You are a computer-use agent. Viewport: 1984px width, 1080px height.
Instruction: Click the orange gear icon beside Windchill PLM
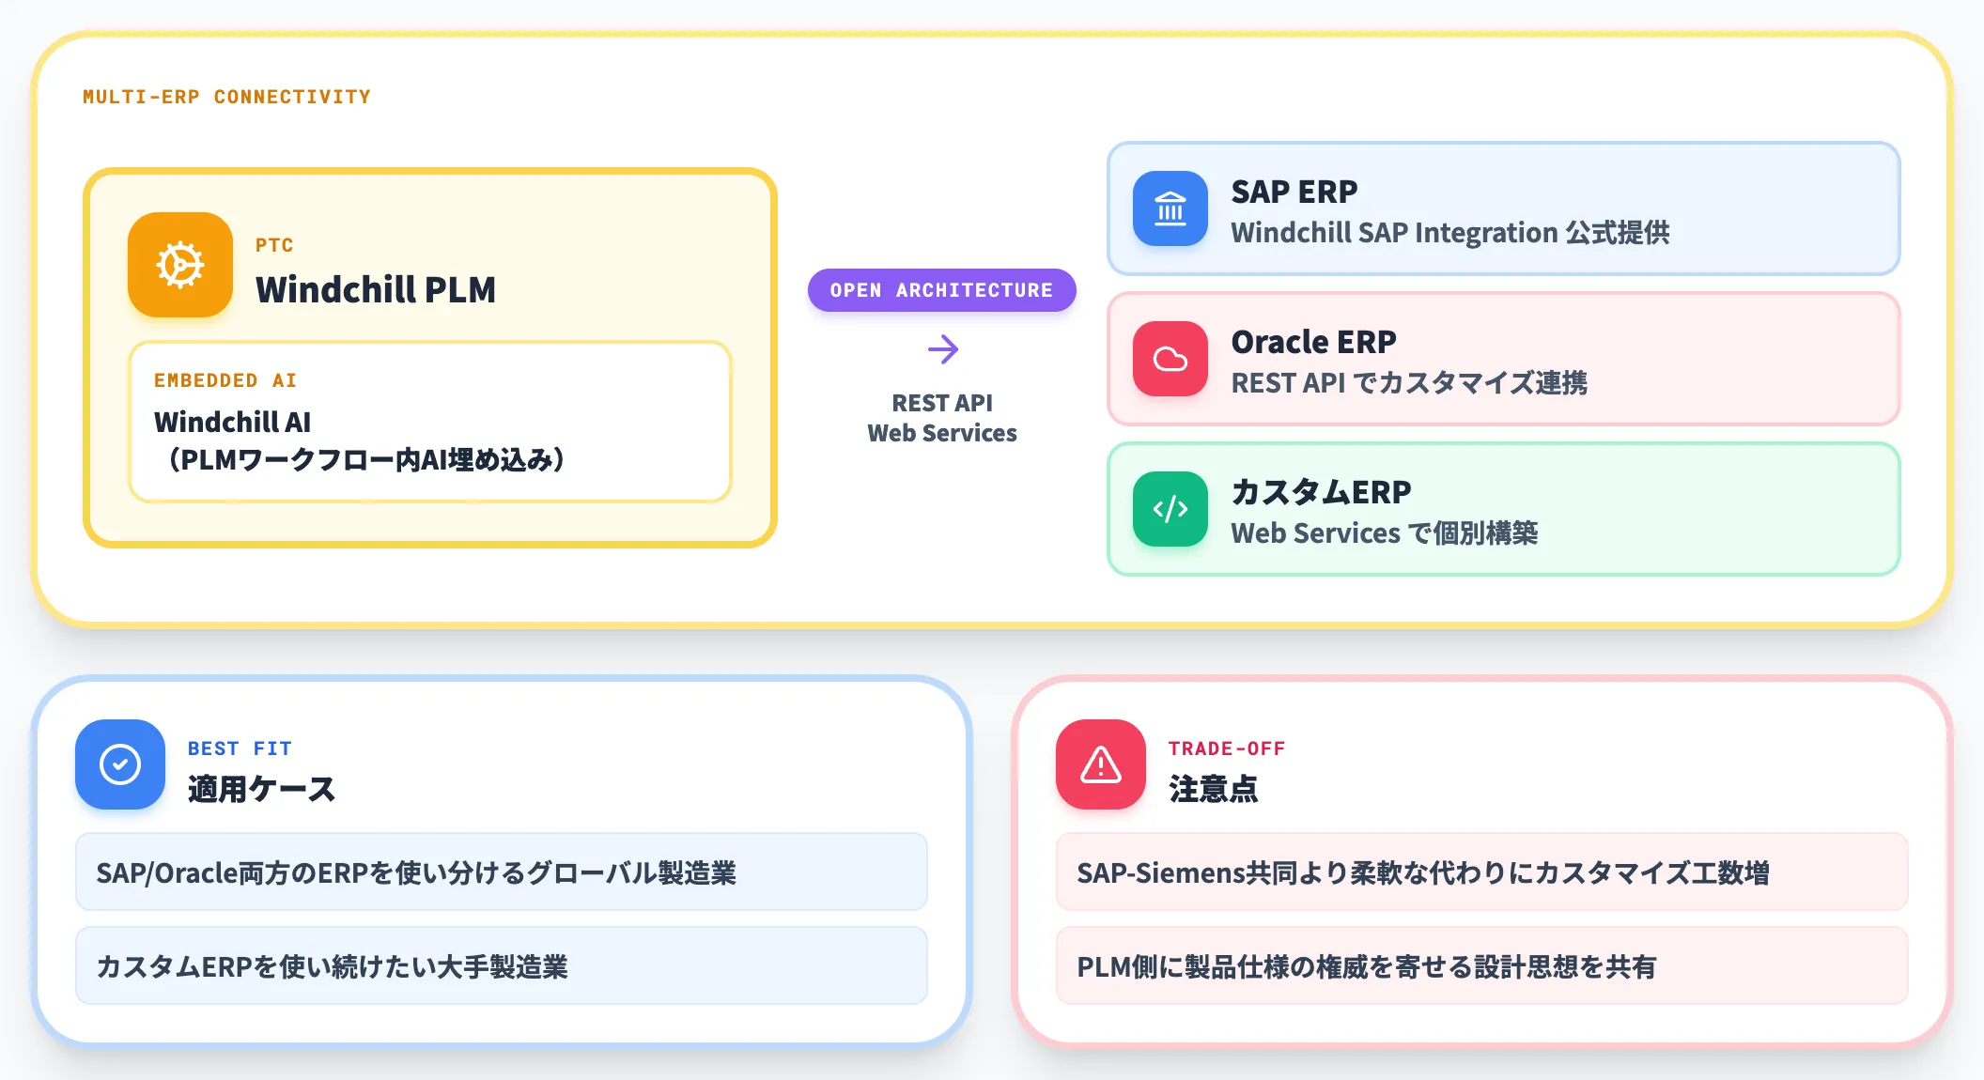[x=180, y=265]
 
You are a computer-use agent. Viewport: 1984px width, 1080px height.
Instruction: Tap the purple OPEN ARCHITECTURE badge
[x=941, y=290]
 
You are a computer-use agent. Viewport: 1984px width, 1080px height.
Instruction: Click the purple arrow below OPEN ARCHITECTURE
[x=942, y=349]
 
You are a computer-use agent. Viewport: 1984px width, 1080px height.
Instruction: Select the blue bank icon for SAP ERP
[x=1170, y=208]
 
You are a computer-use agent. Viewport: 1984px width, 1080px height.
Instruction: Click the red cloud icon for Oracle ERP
[x=1170, y=359]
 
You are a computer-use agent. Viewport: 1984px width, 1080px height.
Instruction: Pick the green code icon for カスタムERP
[x=1170, y=509]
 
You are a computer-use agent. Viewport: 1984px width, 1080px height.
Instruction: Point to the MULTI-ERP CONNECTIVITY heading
[x=226, y=97]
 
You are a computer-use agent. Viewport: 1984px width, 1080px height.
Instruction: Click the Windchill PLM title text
[x=376, y=289]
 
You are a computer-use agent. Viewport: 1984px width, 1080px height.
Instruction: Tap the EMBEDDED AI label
[x=225, y=380]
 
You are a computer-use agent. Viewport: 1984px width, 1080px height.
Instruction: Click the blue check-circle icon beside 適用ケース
[x=120, y=764]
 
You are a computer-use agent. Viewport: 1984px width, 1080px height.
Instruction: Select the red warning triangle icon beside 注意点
[x=1101, y=764]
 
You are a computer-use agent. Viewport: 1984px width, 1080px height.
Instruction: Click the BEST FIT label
[x=240, y=748]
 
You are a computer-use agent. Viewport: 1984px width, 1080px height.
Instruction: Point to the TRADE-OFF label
[x=1227, y=748]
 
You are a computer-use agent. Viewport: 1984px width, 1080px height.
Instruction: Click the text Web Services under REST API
[x=942, y=433]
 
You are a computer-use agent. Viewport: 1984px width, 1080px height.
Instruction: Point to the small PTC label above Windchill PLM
[x=274, y=245]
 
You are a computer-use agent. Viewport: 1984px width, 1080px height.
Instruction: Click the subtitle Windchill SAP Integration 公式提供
[x=1450, y=232]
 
